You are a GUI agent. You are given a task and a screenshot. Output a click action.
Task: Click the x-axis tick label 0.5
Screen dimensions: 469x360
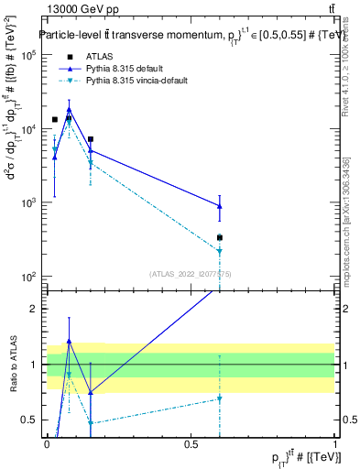tap(191, 444)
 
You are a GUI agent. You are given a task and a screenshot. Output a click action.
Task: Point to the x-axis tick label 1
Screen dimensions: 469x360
tap(336, 444)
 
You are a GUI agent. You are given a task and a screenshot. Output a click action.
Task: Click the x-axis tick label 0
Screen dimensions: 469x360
tap(47, 444)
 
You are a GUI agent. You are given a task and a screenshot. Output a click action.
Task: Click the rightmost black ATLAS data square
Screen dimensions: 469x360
tap(220, 238)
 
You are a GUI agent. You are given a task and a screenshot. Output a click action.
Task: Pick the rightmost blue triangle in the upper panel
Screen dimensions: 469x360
tap(220, 206)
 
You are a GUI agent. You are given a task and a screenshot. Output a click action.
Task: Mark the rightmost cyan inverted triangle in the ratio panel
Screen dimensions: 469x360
tap(220, 398)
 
